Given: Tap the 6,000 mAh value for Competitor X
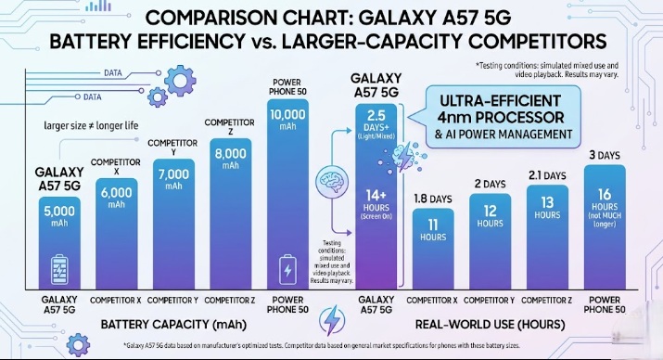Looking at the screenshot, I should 117,198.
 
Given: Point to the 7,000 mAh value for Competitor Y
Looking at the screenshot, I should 174,178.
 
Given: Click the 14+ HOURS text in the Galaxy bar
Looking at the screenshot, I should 376,205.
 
